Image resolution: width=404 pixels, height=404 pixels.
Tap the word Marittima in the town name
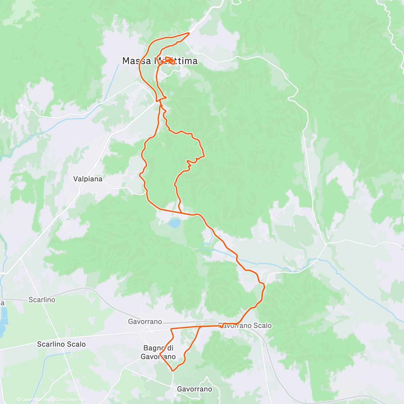tap(175, 61)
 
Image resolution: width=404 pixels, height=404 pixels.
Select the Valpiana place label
tap(88, 179)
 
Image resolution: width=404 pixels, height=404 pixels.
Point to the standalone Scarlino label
tap(42, 300)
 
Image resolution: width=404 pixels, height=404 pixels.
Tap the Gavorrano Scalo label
tap(245, 326)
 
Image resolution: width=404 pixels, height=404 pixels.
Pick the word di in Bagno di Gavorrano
tap(171, 348)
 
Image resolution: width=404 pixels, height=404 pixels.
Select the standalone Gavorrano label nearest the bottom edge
tap(194, 389)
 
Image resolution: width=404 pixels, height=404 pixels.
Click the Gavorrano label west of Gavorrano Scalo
tap(145, 322)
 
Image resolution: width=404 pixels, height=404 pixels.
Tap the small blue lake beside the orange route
tap(174, 223)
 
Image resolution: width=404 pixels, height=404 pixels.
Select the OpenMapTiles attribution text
tap(35, 400)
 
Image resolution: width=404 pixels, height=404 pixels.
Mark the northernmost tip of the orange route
tap(190, 33)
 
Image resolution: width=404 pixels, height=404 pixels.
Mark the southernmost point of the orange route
tap(173, 371)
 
